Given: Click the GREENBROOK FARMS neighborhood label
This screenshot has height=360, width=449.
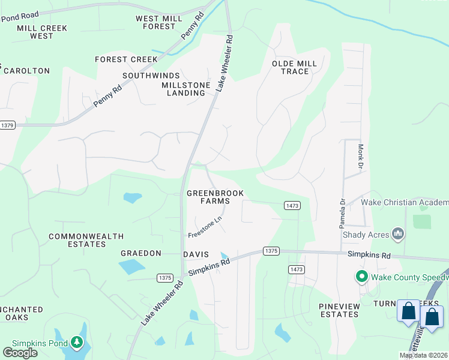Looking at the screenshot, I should [208, 197].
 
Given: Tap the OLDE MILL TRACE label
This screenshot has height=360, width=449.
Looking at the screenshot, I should [290, 67].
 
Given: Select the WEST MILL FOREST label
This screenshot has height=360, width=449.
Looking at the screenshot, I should [159, 23].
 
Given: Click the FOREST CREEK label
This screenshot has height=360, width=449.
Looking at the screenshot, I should [126, 59].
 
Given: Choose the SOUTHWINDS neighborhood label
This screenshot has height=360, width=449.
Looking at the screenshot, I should [151, 76].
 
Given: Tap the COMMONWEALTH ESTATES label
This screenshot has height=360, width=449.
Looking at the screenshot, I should [78, 241].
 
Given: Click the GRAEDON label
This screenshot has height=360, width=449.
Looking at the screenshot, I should [141, 254].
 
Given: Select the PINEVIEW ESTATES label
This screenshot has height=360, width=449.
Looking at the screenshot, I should [339, 310].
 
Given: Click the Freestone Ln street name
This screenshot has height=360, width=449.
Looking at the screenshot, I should [205, 226].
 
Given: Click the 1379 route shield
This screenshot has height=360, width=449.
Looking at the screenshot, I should [7, 125].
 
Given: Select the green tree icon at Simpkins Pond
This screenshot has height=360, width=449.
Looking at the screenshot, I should [76, 343].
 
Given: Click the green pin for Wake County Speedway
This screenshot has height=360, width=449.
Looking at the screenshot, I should [361, 277].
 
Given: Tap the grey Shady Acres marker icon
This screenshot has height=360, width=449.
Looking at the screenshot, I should [397, 233].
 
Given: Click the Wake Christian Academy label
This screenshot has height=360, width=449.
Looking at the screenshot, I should [405, 203].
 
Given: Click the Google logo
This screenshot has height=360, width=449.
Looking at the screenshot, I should [20, 353].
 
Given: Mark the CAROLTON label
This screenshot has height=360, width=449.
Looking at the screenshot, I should [26, 71].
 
